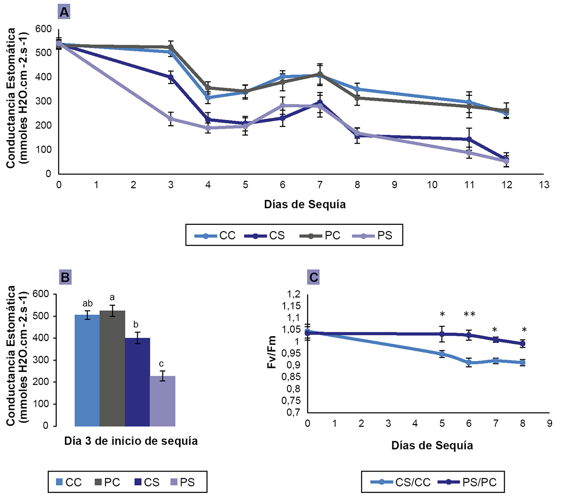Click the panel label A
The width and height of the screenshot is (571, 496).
click(x=64, y=12)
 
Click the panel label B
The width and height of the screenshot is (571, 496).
click(x=65, y=277)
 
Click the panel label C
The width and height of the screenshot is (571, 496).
click(x=314, y=277)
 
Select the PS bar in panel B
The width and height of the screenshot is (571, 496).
click(x=163, y=401)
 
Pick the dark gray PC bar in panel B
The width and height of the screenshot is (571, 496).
click(x=112, y=368)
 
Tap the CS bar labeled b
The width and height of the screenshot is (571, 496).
click(x=137, y=382)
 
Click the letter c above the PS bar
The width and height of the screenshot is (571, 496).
click(x=161, y=364)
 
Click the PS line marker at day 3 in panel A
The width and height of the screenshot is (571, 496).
click(x=171, y=119)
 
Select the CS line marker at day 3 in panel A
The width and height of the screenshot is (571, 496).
click(x=171, y=77)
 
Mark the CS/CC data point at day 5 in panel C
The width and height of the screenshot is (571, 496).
click(x=442, y=354)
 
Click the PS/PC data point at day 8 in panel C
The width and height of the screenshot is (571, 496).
click(x=523, y=344)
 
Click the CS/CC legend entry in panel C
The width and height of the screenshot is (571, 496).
click(x=401, y=482)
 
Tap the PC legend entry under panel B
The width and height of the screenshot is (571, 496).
click(x=107, y=482)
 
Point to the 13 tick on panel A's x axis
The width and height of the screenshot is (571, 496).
click(x=544, y=185)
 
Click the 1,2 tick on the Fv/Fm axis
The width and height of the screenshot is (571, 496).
click(x=293, y=294)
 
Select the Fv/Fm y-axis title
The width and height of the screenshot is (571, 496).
click(x=272, y=352)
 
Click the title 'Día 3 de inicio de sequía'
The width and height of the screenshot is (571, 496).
click(x=131, y=441)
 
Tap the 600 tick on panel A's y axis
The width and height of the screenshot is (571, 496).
click(x=44, y=29)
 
